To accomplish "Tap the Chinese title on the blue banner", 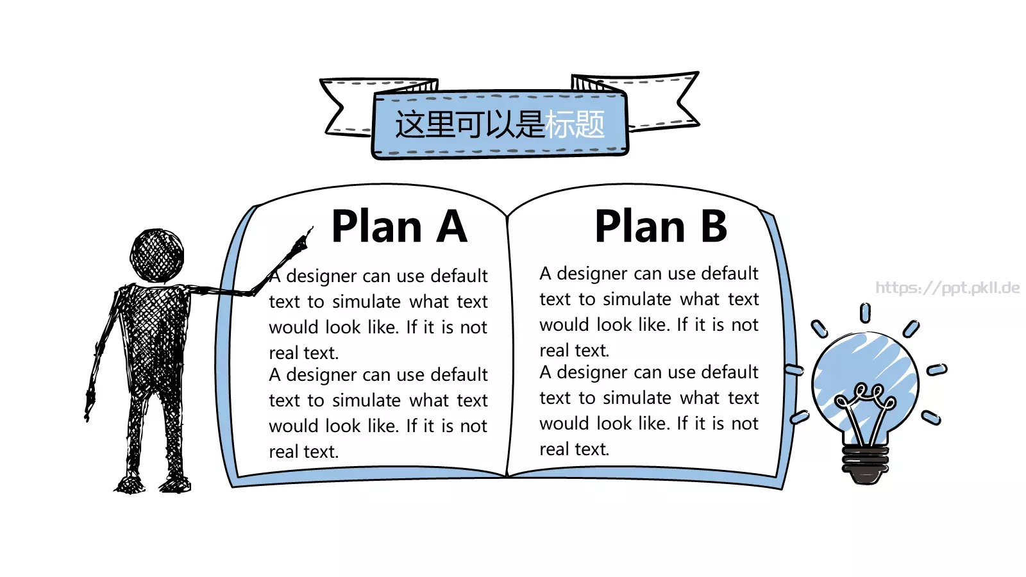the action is tap(500, 124).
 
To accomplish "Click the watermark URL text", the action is tap(947, 288).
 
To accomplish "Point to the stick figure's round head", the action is tap(157, 256).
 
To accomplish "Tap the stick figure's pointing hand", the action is tap(302, 241).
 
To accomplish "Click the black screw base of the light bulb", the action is tap(865, 464).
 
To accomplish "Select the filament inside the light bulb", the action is tap(865, 412).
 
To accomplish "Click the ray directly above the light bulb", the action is tap(865, 314).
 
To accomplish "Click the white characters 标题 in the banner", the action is tap(575, 124).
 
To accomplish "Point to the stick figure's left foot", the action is tap(130, 484).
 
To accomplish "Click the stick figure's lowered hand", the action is tap(89, 404).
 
